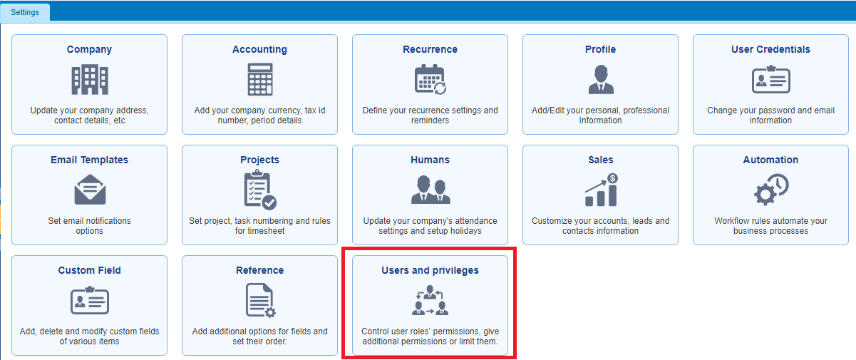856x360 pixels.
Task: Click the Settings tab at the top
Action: [x=25, y=12]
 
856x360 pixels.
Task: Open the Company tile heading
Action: [x=89, y=49]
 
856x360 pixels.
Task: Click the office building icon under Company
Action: [x=90, y=80]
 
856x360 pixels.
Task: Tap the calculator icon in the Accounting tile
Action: [x=260, y=80]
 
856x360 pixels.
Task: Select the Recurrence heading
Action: [x=430, y=49]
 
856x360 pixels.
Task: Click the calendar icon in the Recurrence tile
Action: [x=430, y=80]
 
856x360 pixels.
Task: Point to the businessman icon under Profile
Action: [x=601, y=80]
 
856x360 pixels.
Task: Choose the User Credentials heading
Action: [x=770, y=49]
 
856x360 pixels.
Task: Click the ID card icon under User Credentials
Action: [x=770, y=80]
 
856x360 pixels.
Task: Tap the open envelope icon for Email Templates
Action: [x=90, y=190]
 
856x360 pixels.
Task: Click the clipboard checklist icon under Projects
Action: [x=260, y=190]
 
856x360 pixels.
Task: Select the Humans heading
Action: [x=430, y=160]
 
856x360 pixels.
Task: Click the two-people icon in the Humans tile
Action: [x=430, y=190]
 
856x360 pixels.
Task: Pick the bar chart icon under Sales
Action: [x=601, y=190]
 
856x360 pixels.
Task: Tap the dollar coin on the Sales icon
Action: [x=612, y=178]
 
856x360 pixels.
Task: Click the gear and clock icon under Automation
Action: [x=770, y=190]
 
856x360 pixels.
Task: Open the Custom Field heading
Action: [x=89, y=270]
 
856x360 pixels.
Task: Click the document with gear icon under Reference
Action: [x=260, y=300]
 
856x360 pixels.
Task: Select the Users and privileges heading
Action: [x=430, y=270]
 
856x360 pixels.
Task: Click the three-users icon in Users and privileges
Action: [x=430, y=300]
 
